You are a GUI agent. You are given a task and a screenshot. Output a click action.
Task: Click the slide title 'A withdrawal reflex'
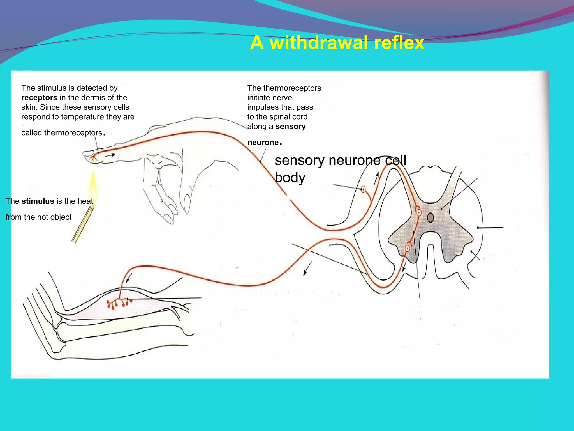click(337, 43)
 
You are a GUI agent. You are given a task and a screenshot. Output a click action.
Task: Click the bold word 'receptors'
click(39, 98)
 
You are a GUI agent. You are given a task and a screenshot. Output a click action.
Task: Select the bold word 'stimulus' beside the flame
click(38, 201)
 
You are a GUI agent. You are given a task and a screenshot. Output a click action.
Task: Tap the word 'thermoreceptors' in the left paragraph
click(73, 133)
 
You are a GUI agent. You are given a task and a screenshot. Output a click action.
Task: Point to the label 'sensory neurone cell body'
click(340, 168)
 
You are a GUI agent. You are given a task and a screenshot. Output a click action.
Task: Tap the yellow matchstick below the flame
click(82, 224)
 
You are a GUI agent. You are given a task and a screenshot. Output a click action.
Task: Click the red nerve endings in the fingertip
click(93, 159)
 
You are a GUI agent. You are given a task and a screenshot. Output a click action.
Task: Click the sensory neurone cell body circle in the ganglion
click(363, 190)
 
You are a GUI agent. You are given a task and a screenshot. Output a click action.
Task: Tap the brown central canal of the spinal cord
click(430, 217)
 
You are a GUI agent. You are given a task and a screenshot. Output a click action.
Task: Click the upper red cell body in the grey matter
click(419, 213)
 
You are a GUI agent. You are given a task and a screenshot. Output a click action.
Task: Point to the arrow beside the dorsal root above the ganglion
click(376, 178)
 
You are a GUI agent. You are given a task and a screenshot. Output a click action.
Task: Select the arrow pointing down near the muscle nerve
click(129, 278)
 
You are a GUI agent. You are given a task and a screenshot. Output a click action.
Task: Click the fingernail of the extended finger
click(88, 153)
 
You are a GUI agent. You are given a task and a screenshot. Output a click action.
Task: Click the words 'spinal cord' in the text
click(291, 117)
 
